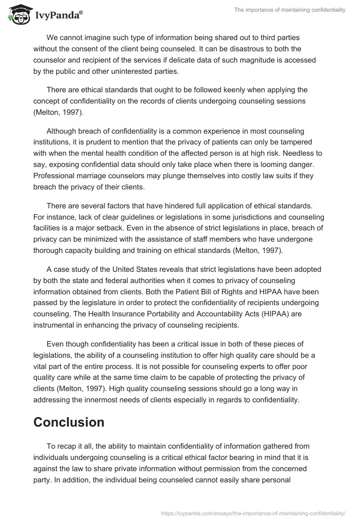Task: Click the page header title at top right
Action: [x=290, y=10]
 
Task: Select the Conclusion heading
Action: [x=69, y=422]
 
